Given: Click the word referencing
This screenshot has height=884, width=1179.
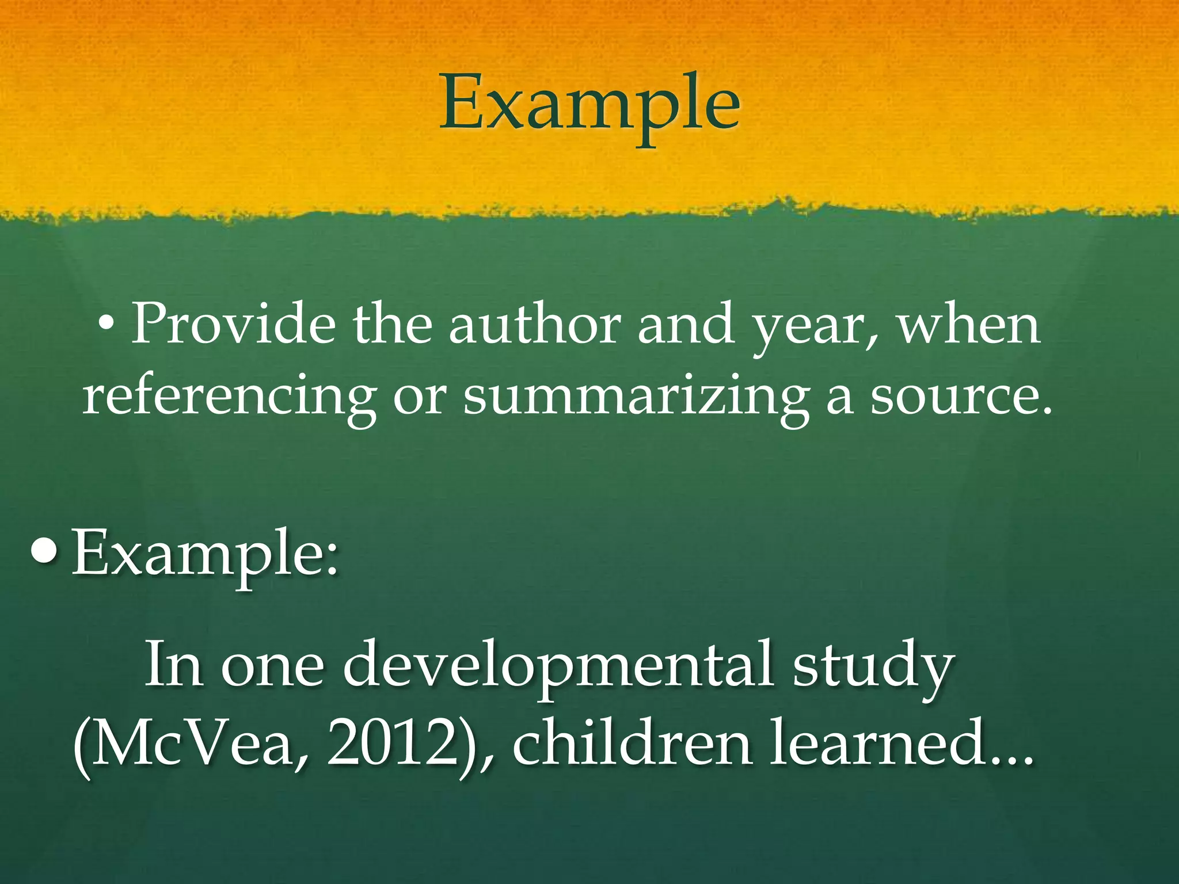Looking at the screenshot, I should pos(229,397).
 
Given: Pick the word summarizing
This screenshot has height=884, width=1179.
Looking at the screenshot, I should pos(635,397).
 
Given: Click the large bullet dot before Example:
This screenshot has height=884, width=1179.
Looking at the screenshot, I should pos(45,551).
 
